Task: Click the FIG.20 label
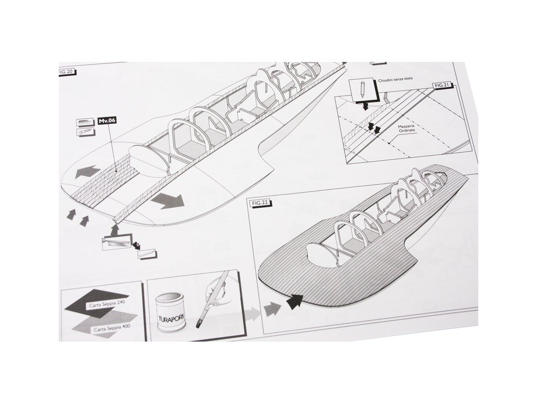(67, 72)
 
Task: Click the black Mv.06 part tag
(107, 121)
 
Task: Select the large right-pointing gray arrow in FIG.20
(169, 200)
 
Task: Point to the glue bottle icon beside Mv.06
(84, 122)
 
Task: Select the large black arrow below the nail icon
(364, 107)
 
